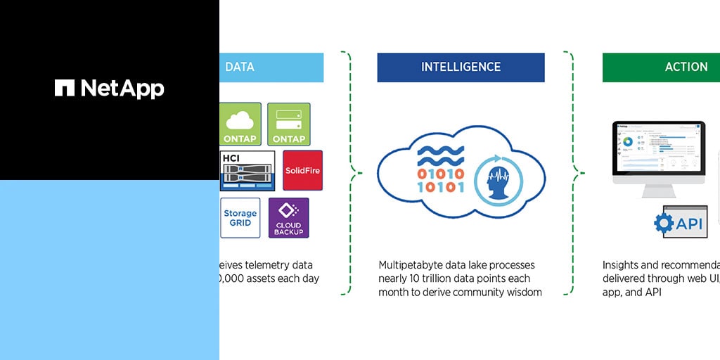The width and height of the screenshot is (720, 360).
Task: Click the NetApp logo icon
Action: (x=65, y=88)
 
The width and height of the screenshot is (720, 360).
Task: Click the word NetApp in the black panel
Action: (x=122, y=88)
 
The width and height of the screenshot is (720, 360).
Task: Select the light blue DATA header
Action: (x=271, y=67)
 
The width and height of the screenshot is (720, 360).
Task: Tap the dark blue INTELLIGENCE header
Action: (x=461, y=67)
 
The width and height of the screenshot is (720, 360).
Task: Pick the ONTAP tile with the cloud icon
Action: (x=240, y=124)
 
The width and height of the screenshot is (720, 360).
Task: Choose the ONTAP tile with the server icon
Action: (x=288, y=124)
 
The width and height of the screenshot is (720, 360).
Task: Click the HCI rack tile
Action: (x=247, y=169)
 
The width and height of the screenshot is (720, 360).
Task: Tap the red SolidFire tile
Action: (x=302, y=169)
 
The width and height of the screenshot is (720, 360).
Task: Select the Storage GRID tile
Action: (x=240, y=218)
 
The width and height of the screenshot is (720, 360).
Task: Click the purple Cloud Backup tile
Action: (x=288, y=218)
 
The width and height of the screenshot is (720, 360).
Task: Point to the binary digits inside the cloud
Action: (x=441, y=181)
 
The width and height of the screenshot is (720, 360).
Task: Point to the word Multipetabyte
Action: (x=411, y=265)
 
